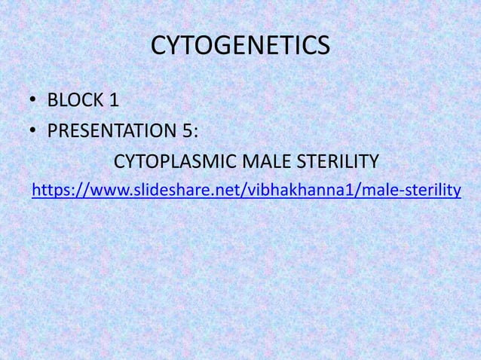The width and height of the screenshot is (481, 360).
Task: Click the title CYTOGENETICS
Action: (x=240, y=46)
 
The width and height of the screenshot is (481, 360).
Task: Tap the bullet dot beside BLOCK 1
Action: (x=35, y=100)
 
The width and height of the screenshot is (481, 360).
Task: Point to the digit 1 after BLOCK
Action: (x=114, y=99)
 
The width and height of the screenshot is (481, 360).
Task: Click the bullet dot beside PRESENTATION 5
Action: (x=35, y=132)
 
